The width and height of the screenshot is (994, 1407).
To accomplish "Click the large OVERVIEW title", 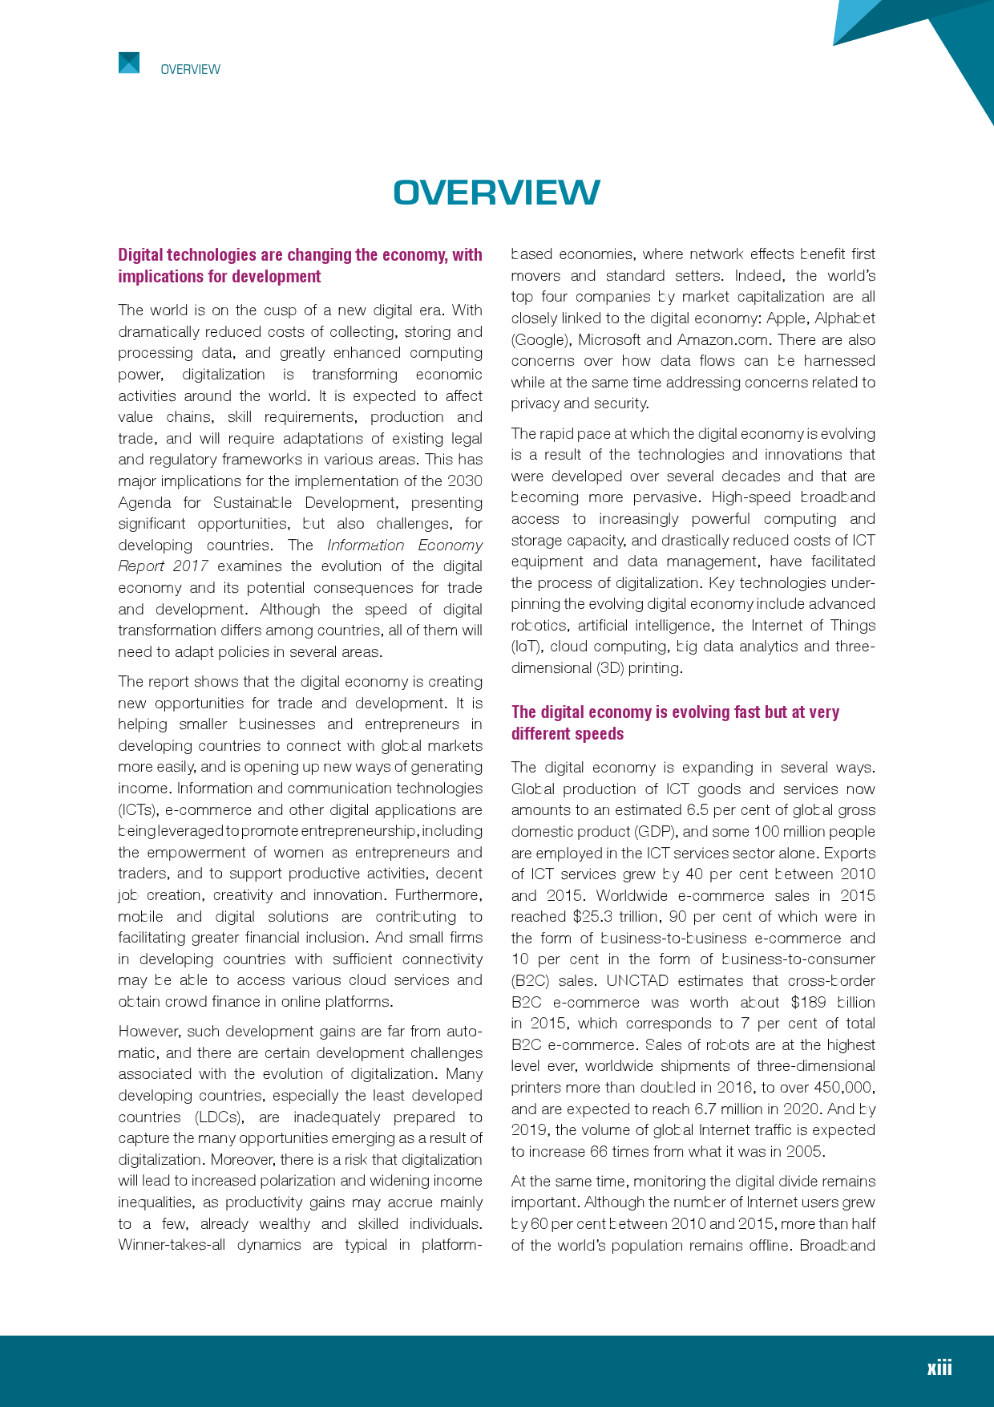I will [x=496, y=193].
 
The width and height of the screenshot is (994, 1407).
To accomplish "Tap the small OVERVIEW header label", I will [x=190, y=70].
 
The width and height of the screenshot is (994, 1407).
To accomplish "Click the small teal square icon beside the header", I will [x=129, y=63].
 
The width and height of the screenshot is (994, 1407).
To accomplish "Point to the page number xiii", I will [x=939, y=1368].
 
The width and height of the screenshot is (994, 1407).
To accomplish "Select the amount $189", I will [x=808, y=1002].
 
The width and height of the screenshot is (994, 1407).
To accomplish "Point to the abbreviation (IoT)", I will [x=526, y=647].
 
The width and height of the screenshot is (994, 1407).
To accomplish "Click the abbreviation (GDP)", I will [x=655, y=832].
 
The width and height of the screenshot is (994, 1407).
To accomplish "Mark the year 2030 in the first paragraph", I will [x=465, y=481].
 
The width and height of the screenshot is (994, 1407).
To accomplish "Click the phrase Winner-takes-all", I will [x=172, y=1245].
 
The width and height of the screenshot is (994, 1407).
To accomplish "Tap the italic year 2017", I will [x=191, y=566].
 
